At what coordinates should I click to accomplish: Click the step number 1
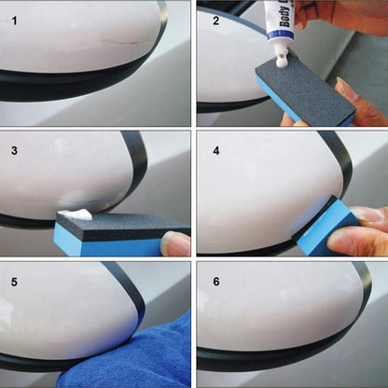13,17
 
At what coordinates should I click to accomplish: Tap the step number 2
213,17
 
